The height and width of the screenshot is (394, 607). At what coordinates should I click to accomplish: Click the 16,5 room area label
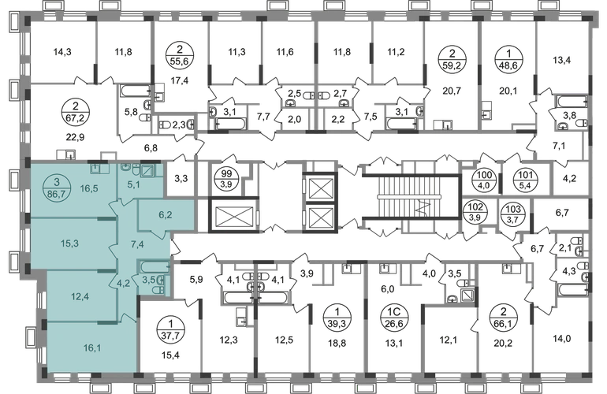pos(87,189)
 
